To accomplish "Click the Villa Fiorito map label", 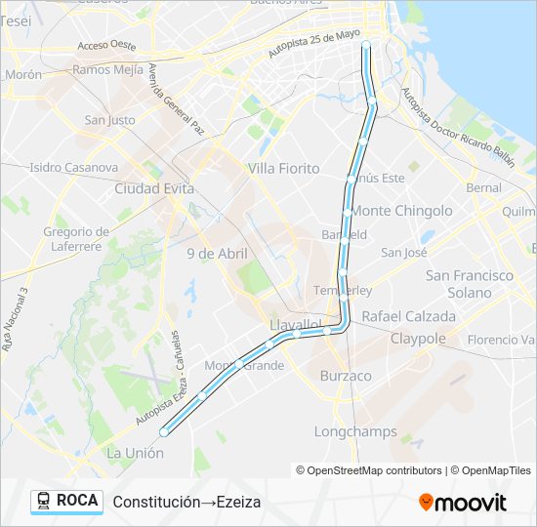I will click(283, 168).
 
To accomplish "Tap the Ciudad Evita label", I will click(154, 188).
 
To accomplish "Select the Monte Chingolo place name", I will click(402, 211).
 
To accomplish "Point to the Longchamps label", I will click(355, 431).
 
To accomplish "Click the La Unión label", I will click(135, 453).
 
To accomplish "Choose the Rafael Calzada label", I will click(408, 316).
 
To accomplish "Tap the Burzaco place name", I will click(346, 376).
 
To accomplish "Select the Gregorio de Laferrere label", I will click(74, 239).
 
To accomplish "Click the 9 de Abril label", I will click(217, 253).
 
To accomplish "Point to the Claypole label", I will click(418, 339).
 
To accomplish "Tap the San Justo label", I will click(109, 120).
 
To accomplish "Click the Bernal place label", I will click(483, 187).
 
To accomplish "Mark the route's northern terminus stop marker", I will click(366, 45).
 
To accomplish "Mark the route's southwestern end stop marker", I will click(163, 430).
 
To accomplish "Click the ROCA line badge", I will click(66, 501).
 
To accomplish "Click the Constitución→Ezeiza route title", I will click(186, 502).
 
